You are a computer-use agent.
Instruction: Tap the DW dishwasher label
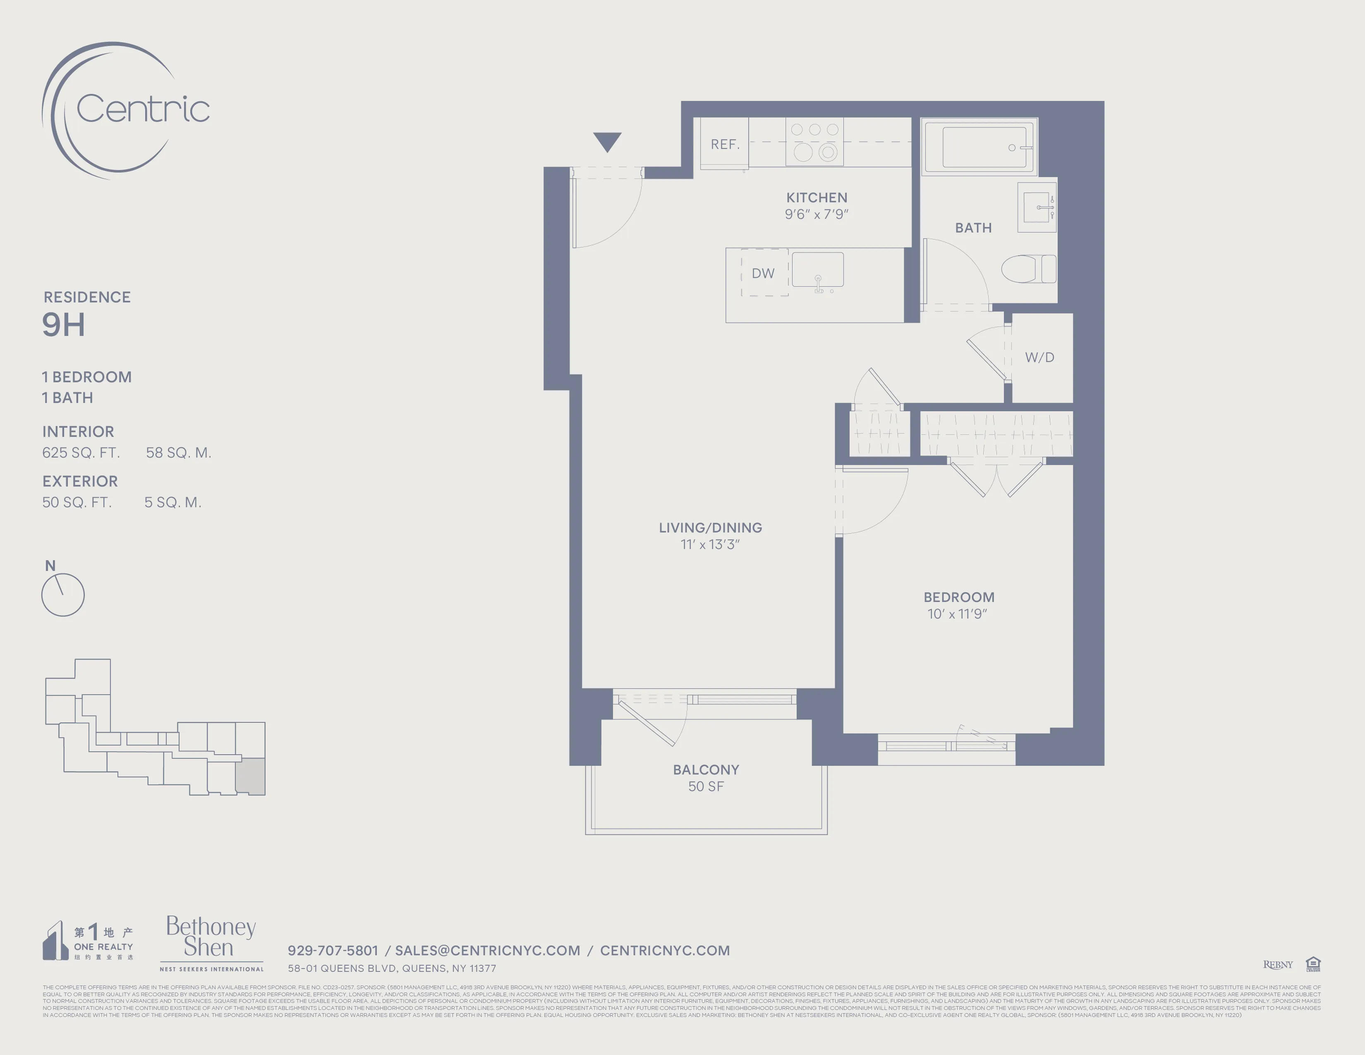tap(762, 273)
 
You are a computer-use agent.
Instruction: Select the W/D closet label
tap(1039, 357)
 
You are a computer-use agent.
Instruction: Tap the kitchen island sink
tap(817, 270)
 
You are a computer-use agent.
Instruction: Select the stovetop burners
tap(814, 142)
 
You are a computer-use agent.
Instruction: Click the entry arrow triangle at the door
tap(607, 141)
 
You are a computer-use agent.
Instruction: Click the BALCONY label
tap(706, 770)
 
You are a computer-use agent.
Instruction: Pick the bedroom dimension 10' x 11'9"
tap(957, 614)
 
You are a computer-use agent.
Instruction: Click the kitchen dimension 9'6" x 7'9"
tap(816, 214)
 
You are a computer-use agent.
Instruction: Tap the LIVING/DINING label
tap(710, 527)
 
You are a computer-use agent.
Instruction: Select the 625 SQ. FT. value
tap(81, 453)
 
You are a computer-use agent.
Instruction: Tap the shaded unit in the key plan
tap(250, 776)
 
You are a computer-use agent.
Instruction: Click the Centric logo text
tap(143, 109)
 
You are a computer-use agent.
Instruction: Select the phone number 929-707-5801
tap(333, 950)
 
